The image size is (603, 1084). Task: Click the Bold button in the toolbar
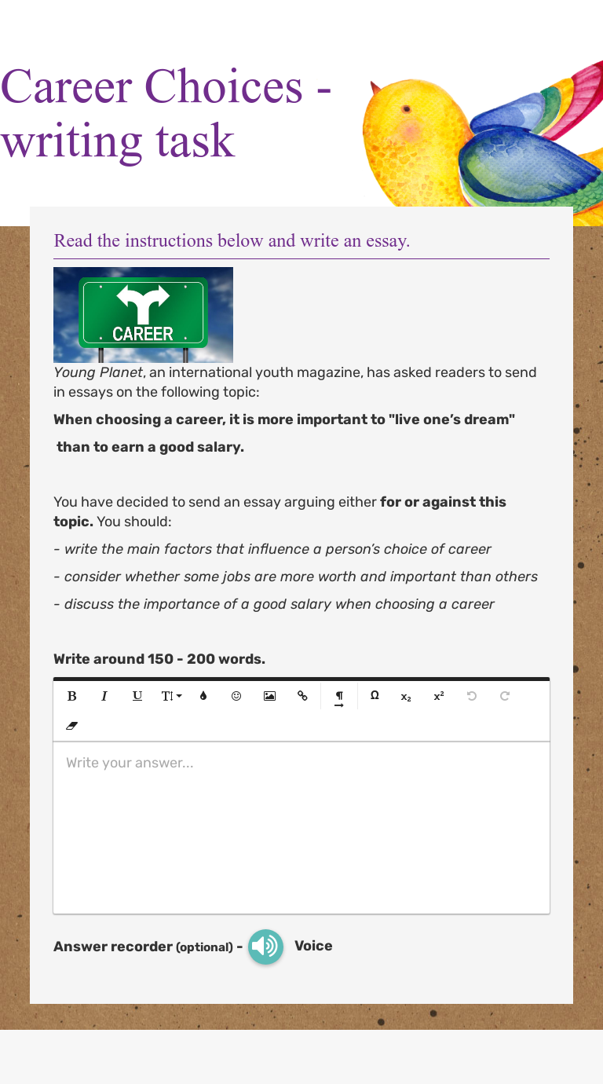(x=72, y=696)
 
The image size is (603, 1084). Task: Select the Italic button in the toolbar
(x=104, y=696)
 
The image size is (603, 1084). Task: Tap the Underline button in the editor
(x=137, y=696)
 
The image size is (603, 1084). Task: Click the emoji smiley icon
(x=236, y=696)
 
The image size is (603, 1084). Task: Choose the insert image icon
(x=269, y=696)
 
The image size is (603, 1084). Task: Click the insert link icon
(x=302, y=696)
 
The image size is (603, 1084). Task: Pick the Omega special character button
(x=375, y=695)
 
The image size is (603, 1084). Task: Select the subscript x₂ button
(x=406, y=697)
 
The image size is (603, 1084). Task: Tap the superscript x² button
(x=439, y=696)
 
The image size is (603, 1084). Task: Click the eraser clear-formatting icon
(x=72, y=726)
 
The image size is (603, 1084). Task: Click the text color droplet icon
(x=203, y=696)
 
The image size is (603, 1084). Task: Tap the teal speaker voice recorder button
(x=265, y=947)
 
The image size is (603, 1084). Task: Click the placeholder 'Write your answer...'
(x=130, y=763)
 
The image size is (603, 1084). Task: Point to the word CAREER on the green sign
(x=142, y=334)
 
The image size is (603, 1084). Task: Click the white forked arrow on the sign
(x=142, y=302)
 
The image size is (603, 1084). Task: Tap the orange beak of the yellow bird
(x=375, y=87)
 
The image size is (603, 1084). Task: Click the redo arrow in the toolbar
(x=505, y=696)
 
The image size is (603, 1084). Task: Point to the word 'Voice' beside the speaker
(x=313, y=946)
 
